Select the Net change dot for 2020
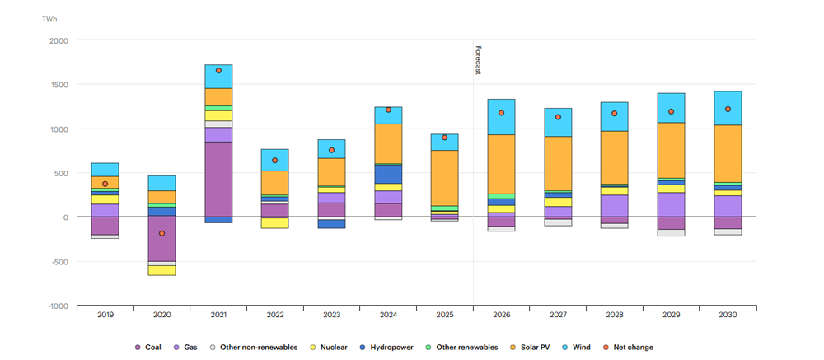tap(162, 233)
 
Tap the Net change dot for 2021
tap(218, 71)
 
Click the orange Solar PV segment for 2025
tap(445, 177)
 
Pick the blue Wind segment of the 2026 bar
tap(501, 116)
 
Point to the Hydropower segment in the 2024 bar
tap(388, 174)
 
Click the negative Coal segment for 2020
tap(162, 239)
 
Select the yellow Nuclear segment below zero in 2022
tap(275, 222)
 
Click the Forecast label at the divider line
tap(478, 60)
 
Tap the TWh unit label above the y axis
tap(50, 18)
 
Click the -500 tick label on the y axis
tap(59, 262)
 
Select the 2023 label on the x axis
tap(332, 315)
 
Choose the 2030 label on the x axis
tap(728, 315)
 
